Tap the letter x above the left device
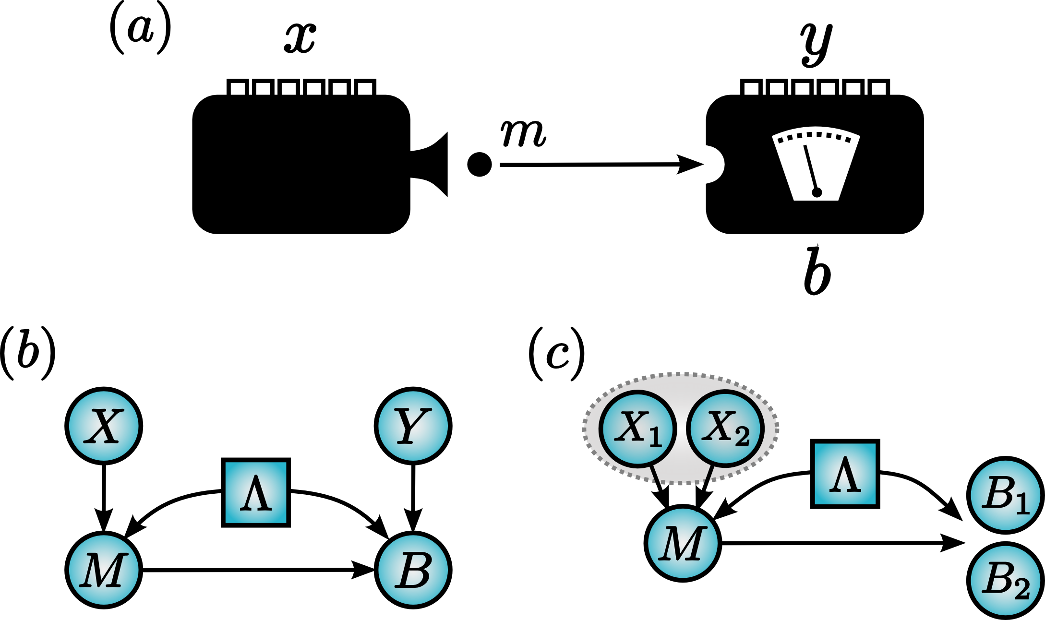(300, 38)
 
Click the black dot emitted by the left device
(479, 165)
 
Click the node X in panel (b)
(104, 426)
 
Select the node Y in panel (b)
(413, 426)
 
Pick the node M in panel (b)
(104, 570)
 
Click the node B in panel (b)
(413, 570)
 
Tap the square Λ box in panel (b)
(256, 492)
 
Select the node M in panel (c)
(683, 543)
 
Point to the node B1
(1006, 495)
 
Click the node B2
(1006, 580)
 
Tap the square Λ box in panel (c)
(845, 474)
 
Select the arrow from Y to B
(413, 499)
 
